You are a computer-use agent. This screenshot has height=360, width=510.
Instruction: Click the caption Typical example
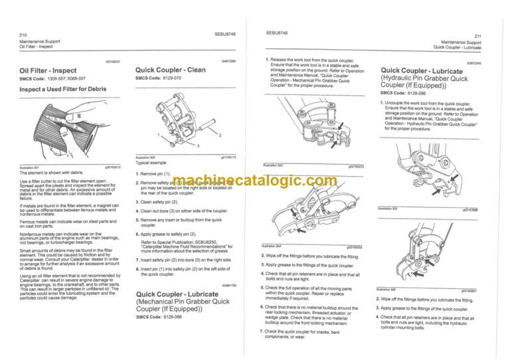pos(151,162)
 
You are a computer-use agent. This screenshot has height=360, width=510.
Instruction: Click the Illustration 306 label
pos(385,290)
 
